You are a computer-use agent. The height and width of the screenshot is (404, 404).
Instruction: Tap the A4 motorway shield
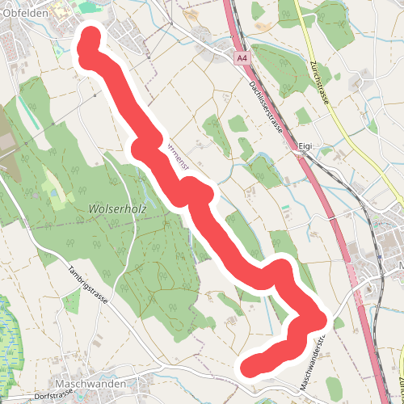[x=242, y=59]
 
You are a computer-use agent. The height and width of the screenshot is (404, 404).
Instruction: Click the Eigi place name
[x=304, y=146]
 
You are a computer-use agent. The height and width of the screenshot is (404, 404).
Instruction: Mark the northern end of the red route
[x=90, y=40]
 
